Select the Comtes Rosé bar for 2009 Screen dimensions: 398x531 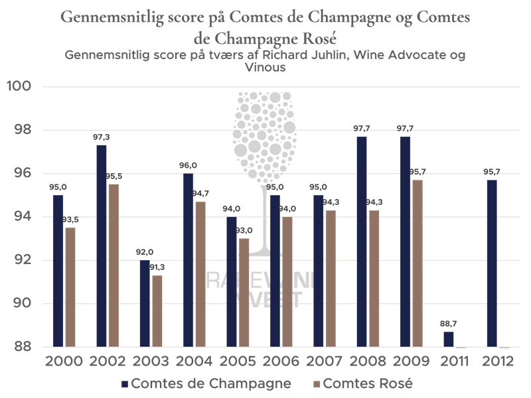tap(417, 263)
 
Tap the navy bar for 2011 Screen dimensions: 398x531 tap(449, 339)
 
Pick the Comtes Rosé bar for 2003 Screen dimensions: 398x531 tap(157, 311)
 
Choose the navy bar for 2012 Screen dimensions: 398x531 tap(492, 263)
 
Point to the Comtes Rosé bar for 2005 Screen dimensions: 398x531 tap(244, 293)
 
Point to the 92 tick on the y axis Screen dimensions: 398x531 tap(24, 260)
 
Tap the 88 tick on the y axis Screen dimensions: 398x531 tap(24, 347)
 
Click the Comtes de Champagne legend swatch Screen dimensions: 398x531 tap(125, 384)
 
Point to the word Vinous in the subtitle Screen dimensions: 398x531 tap(265, 67)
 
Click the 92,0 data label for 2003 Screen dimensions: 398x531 tap(144, 252)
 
